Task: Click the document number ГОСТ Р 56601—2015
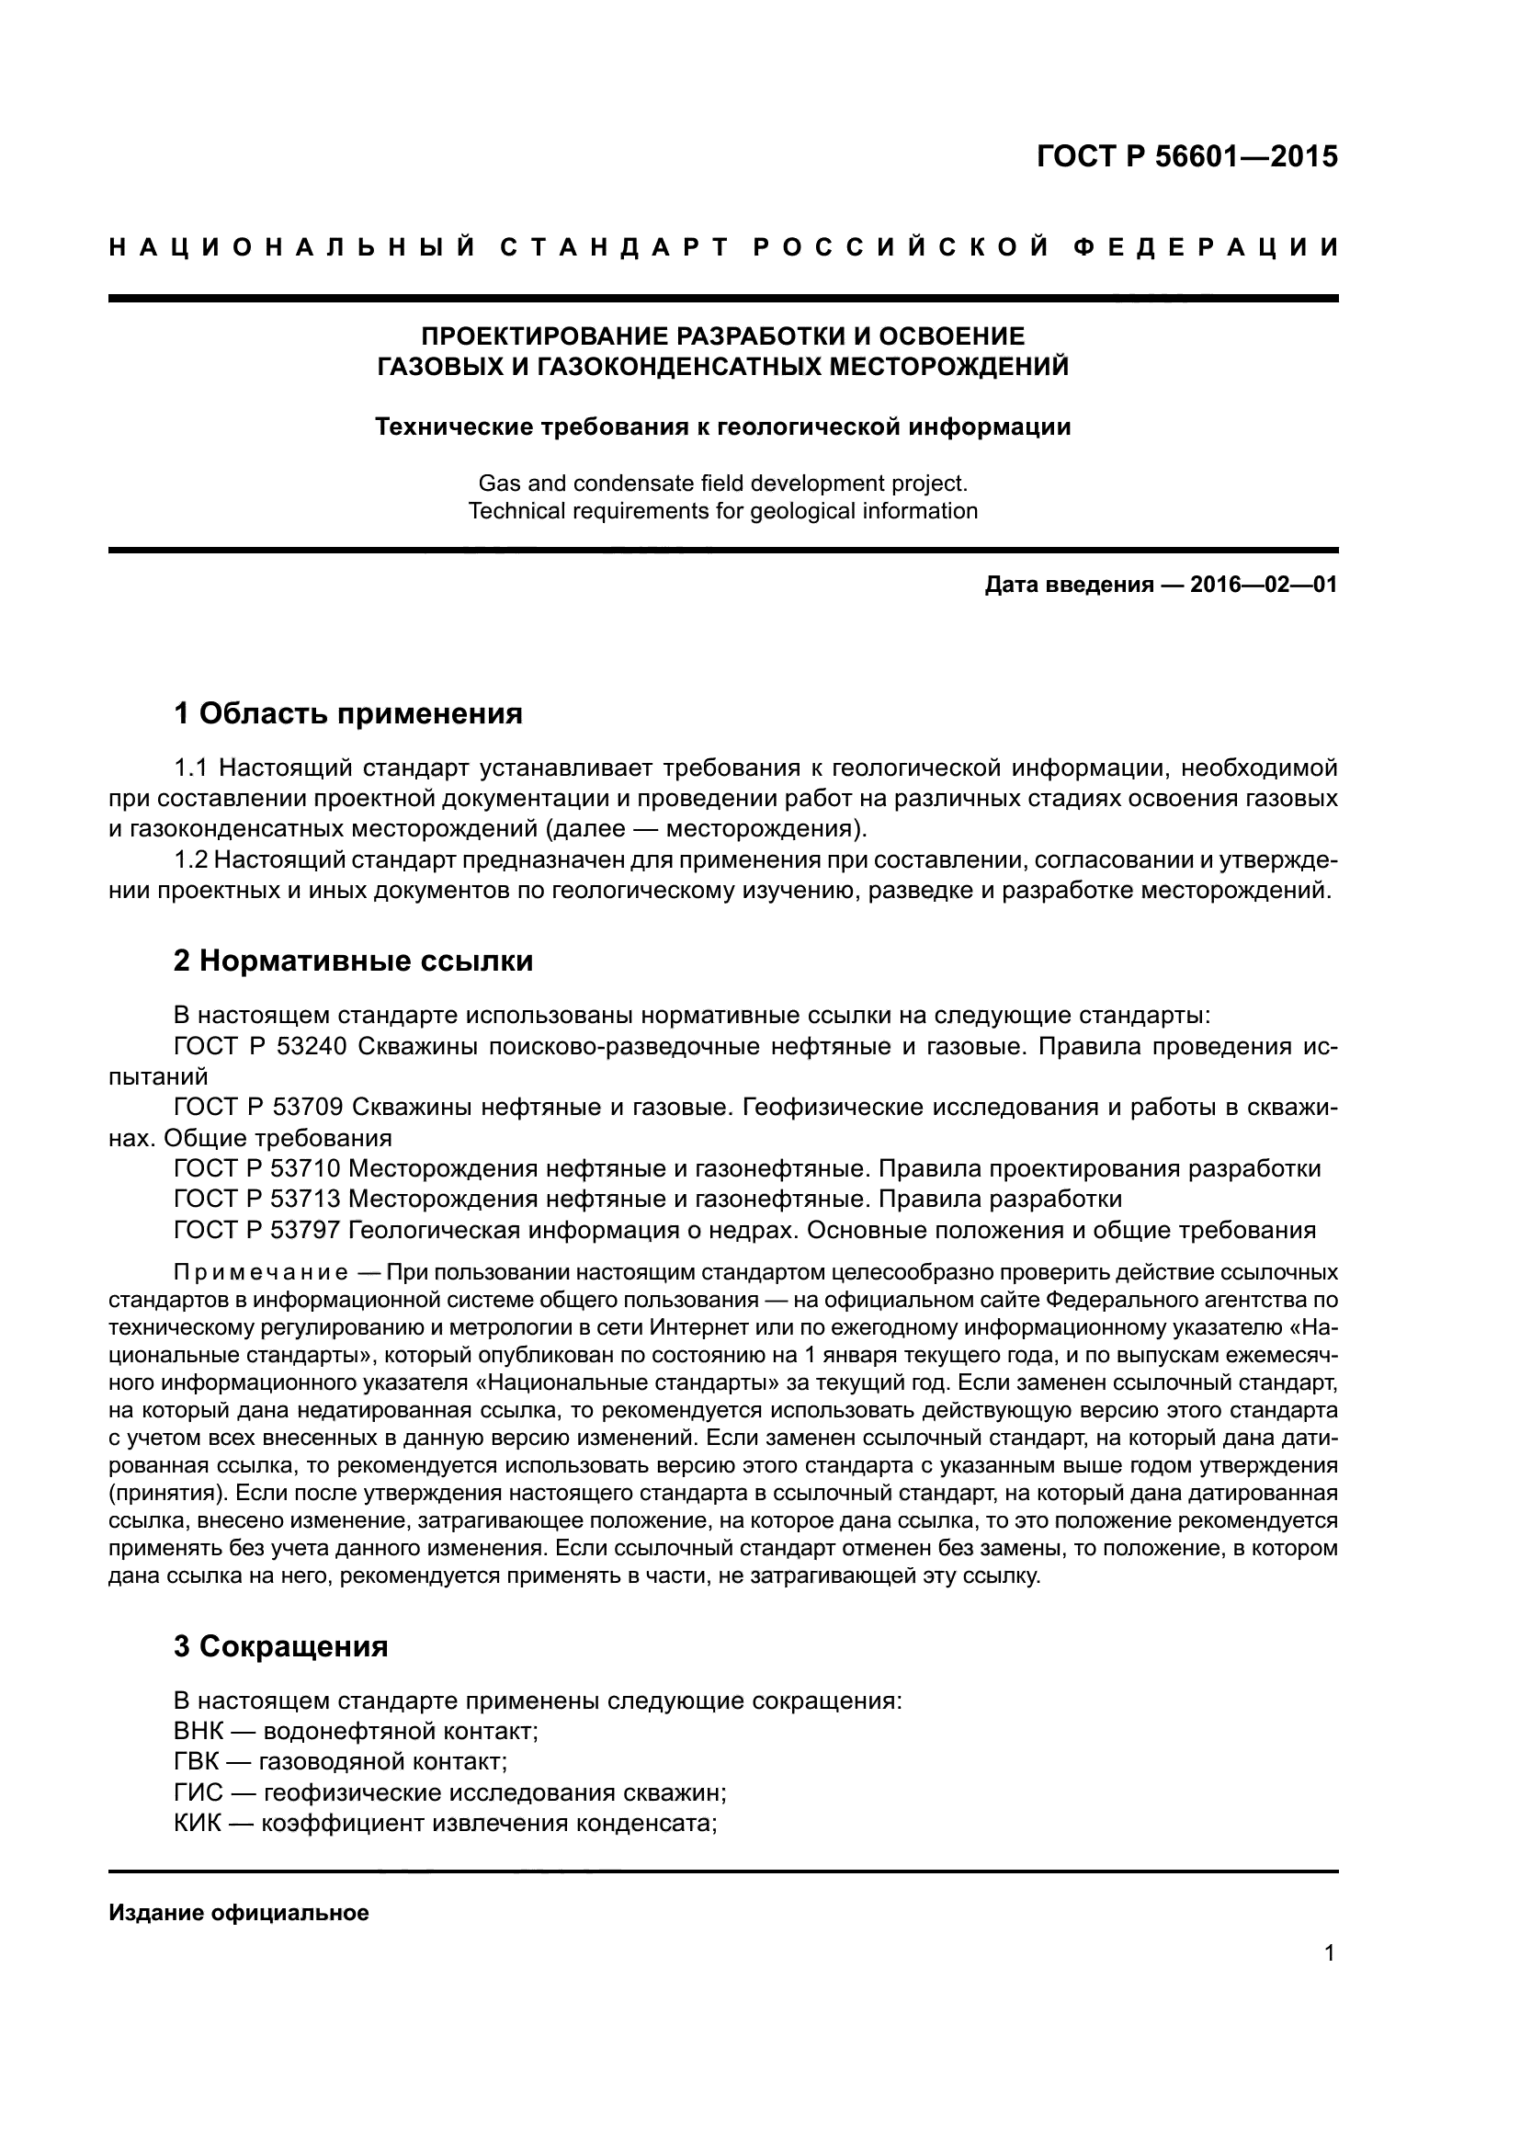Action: pos(1186,156)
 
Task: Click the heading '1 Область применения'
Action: pos(347,714)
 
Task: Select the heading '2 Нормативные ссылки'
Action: pos(353,961)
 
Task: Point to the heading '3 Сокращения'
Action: pos(281,1646)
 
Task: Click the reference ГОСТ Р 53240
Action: pos(260,1047)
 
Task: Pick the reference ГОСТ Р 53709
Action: pos(260,1108)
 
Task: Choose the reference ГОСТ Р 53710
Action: pos(260,1168)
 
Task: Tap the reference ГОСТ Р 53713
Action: pos(260,1200)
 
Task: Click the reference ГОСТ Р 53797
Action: pos(260,1231)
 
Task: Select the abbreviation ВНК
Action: pos(196,1732)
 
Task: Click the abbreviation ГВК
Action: pos(195,1762)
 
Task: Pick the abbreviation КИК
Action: pos(196,1824)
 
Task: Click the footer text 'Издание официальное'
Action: pos(239,1913)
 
